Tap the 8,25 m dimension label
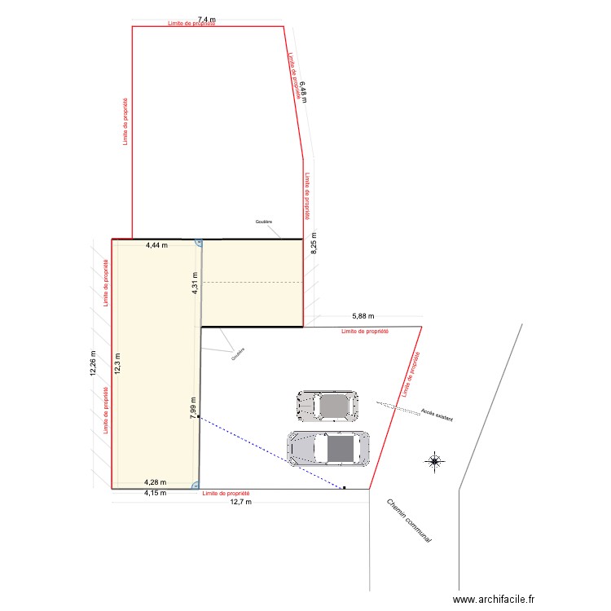313,242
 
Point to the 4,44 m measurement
156,244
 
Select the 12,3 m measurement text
117,364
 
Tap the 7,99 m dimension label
193,407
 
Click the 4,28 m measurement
156,482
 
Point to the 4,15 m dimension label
155,493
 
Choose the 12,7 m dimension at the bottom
241,502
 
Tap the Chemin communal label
409,521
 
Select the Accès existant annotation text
437,415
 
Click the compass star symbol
434,462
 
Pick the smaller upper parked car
327,405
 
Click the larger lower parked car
328,448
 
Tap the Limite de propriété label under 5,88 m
365,332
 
